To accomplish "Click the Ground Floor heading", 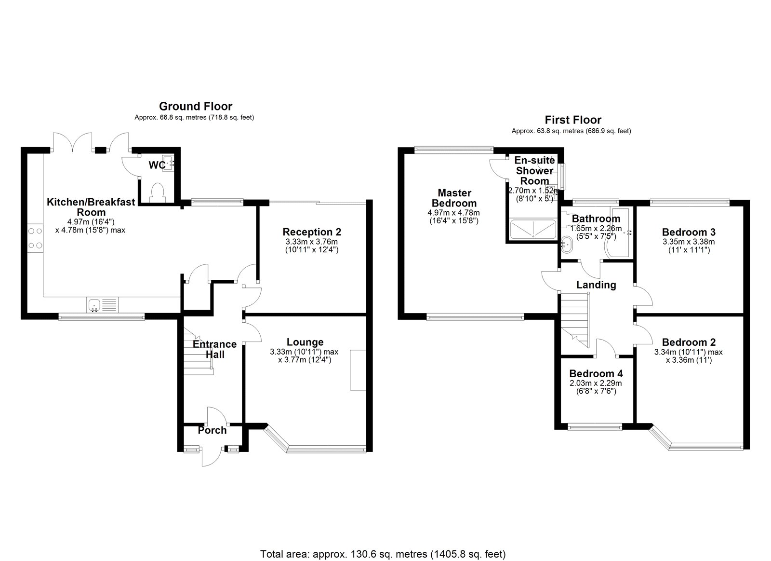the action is point(196,106).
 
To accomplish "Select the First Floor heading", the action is point(573,120).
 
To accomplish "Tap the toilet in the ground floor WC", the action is point(158,192).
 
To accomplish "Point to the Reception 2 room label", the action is point(311,232).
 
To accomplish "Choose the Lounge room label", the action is point(305,342).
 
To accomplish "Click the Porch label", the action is point(212,430).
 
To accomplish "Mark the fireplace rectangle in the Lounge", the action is point(358,370).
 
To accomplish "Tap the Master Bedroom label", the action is point(454,198).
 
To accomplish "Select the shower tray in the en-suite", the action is point(533,229).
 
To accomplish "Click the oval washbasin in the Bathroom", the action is point(566,245).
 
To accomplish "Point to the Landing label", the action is point(596,285).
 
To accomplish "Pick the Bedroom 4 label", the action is point(596,373).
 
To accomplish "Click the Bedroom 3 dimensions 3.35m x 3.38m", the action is point(689,242).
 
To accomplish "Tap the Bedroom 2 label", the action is point(689,342).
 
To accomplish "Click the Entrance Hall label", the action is point(215,349).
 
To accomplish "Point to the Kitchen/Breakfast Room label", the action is point(91,207).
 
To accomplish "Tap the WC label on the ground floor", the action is point(157,165).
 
